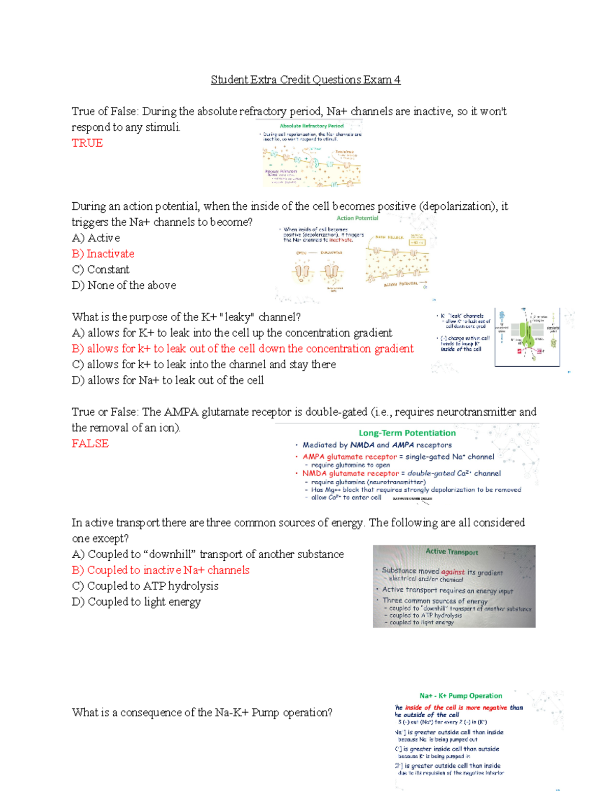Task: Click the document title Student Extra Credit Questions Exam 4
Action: tap(305, 80)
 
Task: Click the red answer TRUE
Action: tap(87, 143)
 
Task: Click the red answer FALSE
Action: tap(90, 444)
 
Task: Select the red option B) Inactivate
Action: tap(103, 254)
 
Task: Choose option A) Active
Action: tap(96, 238)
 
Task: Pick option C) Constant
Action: tap(100, 269)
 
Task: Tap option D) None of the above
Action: tap(124, 285)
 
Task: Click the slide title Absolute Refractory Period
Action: tap(312, 126)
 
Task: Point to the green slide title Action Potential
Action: tap(357, 218)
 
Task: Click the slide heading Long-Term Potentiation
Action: tap(407, 433)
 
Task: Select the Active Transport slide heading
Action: tap(452, 552)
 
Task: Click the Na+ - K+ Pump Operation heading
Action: tap(461, 696)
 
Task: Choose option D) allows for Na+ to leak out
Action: tap(168, 380)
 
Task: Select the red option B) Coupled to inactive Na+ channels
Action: tap(161, 570)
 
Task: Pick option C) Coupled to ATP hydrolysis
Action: tap(145, 586)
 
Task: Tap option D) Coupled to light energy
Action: tap(136, 602)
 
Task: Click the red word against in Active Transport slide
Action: tap(453, 572)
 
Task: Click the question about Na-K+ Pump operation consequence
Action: tap(202, 713)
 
